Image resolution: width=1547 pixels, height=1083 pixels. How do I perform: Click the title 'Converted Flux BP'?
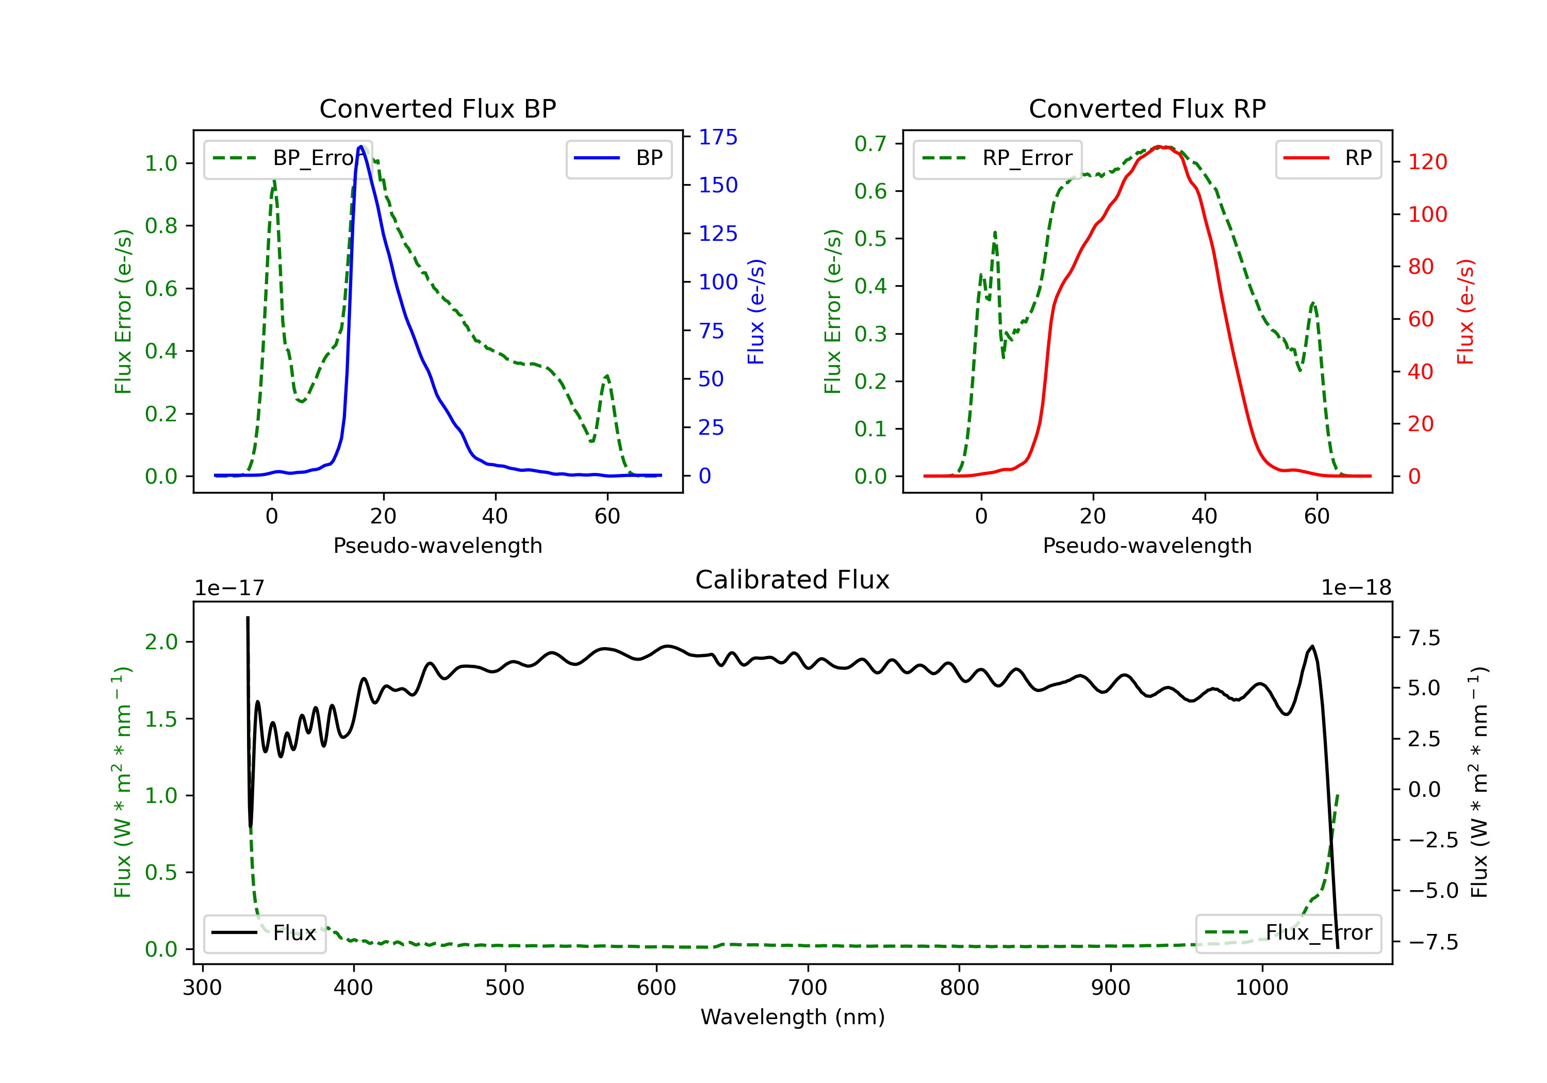(x=437, y=108)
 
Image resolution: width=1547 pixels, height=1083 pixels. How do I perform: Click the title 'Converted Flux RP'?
(x=1147, y=108)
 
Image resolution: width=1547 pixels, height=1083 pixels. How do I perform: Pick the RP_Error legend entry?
(x=997, y=158)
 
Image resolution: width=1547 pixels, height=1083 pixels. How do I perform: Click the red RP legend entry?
(x=1328, y=158)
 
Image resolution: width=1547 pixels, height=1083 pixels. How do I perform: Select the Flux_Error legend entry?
(x=1288, y=933)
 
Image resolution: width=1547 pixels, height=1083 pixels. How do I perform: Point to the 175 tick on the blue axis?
(x=718, y=138)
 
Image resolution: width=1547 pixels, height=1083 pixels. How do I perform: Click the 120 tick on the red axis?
(x=1427, y=162)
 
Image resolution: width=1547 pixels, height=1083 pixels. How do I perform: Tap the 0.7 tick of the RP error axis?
(x=870, y=143)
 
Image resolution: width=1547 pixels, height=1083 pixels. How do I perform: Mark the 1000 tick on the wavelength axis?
(x=1261, y=988)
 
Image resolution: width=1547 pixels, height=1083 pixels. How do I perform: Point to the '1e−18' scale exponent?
(x=1356, y=588)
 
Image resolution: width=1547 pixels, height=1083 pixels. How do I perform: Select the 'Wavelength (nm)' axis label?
(x=793, y=1017)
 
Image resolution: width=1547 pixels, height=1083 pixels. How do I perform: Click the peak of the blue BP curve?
(x=361, y=146)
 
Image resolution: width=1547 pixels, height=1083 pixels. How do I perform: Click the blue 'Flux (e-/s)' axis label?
(x=756, y=311)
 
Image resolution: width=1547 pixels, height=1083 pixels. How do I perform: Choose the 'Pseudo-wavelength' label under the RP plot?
(x=1147, y=545)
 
